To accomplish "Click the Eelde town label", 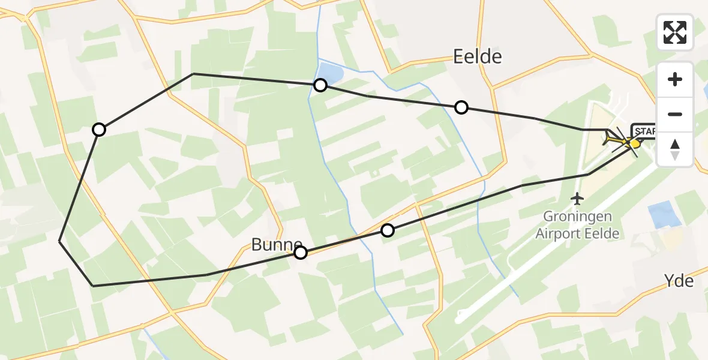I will pyautogui.click(x=477, y=57).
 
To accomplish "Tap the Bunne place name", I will pyautogui.click(x=276, y=244).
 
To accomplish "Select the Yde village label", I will pyautogui.click(x=679, y=280).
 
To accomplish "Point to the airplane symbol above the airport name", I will pyautogui.click(x=577, y=197).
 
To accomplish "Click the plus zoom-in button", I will pyautogui.click(x=675, y=79).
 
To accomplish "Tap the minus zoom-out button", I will pyautogui.click(x=675, y=114).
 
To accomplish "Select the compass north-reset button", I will pyautogui.click(x=675, y=148).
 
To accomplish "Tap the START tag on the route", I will pyautogui.click(x=644, y=131).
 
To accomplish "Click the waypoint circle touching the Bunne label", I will pyautogui.click(x=301, y=253).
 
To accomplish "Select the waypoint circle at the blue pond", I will pyautogui.click(x=320, y=85).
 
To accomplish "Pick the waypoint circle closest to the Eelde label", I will pyautogui.click(x=461, y=107).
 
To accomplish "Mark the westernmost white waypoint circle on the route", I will pyautogui.click(x=99, y=130).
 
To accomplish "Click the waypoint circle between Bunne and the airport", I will pyautogui.click(x=388, y=230).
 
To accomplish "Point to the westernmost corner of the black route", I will pyautogui.click(x=59, y=241).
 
